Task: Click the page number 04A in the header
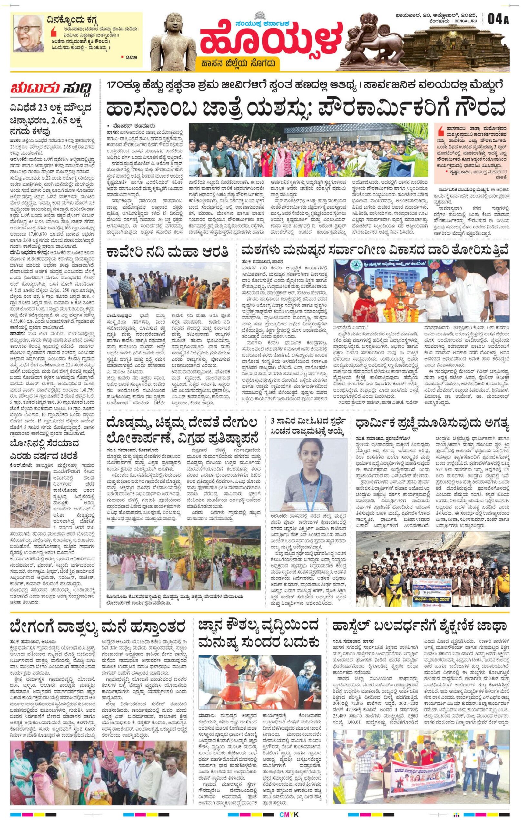tap(498, 19)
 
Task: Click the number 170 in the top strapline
tap(117, 85)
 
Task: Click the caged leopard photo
tap(30, 499)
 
